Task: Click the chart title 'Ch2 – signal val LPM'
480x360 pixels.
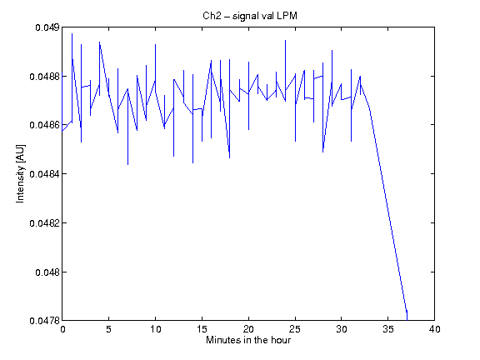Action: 250,16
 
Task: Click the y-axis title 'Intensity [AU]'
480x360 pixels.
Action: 20,173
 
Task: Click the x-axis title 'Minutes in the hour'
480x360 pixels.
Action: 248,340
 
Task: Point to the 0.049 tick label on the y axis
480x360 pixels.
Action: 47,27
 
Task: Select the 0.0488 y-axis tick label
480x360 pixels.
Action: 44,76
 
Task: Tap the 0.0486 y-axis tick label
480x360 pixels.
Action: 44,125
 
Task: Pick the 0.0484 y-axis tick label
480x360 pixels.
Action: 44,174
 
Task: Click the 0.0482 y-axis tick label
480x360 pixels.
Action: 44,223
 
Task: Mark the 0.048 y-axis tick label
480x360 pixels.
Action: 47,272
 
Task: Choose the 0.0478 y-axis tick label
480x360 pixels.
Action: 44,321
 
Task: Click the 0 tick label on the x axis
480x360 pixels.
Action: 62,329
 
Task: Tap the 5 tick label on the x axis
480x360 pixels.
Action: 108,329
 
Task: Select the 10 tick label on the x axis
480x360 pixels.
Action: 156,329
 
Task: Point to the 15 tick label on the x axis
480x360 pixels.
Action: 202,329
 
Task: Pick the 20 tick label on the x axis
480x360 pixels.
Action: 248,329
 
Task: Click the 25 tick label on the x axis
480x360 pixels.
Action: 295,329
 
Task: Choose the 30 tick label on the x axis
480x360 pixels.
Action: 342,329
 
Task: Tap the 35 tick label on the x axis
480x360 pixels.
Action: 388,329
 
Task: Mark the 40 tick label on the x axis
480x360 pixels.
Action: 435,329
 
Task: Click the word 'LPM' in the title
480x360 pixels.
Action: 287,16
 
